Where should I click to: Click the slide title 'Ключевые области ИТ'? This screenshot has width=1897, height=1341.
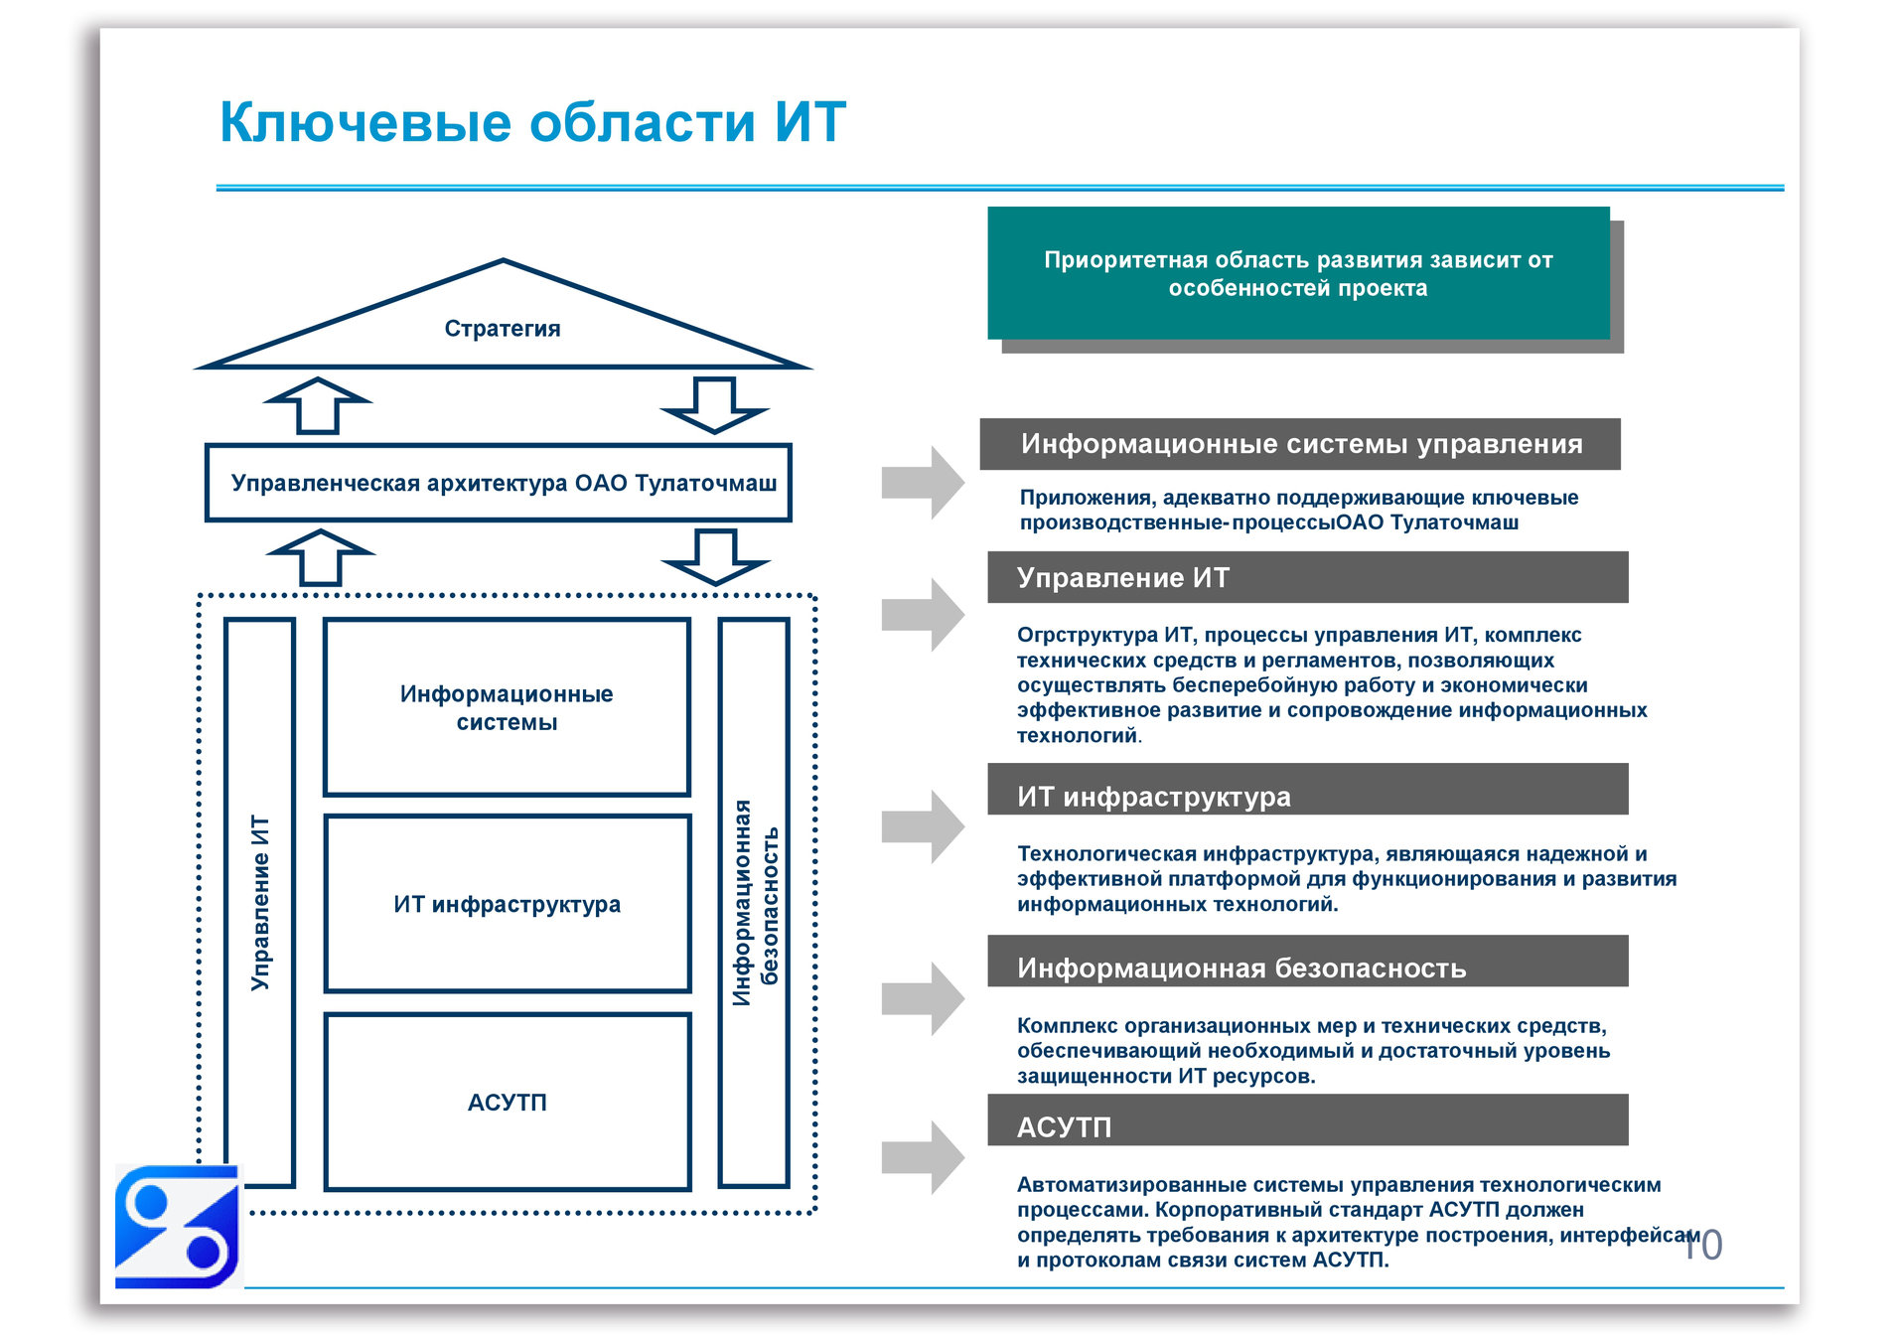pyautogui.click(x=531, y=122)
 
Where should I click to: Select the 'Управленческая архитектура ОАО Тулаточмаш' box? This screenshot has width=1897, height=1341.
pyautogui.click(x=499, y=483)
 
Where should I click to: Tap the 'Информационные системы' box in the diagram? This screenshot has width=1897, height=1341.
pyautogui.click(x=507, y=707)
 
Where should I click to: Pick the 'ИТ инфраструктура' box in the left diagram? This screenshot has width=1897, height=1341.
pyautogui.click(x=507, y=904)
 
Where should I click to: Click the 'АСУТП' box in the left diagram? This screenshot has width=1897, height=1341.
pyautogui.click(x=507, y=1102)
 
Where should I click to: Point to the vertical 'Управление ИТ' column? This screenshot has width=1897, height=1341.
pyautogui.click(x=260, y=902)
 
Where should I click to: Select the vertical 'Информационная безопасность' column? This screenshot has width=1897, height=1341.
pyautogui.click(x=755, y=902)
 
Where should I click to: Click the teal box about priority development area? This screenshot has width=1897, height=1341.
pyautogui.click(x=1297, y=273)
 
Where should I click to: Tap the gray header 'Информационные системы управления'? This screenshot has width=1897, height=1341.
pyautogui.click(x=1299, y=444)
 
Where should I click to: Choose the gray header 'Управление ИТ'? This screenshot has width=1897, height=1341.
pyautogui.click(x=1307, y=577)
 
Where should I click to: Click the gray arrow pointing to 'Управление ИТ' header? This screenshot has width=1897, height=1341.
pyautogui.click(x=923, y=615)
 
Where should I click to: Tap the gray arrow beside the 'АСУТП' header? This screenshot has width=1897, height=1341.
pyautogui.click(x=923, y=1157)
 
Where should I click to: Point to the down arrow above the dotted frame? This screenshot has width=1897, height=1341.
pyautogui.click(x=715, y=557)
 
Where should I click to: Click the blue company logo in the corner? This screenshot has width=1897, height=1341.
pyautogui.click(x=178, y=1227)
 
